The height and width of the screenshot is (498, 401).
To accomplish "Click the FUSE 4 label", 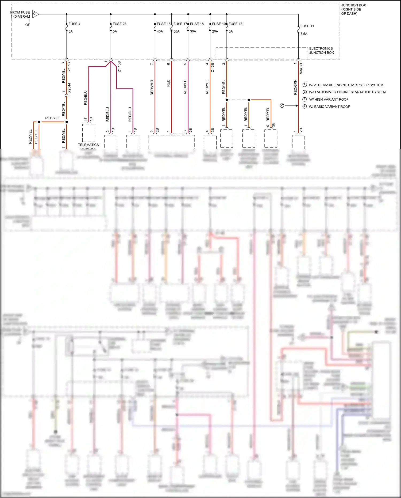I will [74, 24].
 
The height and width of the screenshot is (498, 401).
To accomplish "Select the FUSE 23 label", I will [119, 24].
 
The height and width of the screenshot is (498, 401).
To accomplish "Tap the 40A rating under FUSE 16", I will [160, 31].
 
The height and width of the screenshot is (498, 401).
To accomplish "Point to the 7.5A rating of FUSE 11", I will [304, 34].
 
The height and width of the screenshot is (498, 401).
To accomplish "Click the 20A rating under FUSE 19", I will [215, 31].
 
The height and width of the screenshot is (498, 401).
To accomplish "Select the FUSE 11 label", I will [307, 26].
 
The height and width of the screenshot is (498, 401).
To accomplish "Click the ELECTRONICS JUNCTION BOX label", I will [321, 51].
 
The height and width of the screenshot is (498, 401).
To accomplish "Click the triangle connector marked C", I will [35, 14].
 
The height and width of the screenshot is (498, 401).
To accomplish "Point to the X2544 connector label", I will [69, 88].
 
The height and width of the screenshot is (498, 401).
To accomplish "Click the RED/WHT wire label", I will [152, 87].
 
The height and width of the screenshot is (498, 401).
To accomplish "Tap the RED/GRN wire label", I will [295, 87].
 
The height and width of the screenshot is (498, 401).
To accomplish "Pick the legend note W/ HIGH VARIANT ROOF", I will [329, 99].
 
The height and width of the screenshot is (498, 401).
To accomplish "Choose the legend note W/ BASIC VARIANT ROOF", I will [329, 107].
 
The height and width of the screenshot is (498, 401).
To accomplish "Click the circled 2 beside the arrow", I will [282, 105].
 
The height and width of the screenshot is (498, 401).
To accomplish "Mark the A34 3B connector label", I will [301, 69].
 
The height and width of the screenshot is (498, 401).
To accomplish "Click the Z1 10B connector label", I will [119, 67].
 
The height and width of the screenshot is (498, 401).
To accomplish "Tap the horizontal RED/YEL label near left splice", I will [52, 118].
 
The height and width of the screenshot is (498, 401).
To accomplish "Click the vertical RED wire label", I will [168, 83].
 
